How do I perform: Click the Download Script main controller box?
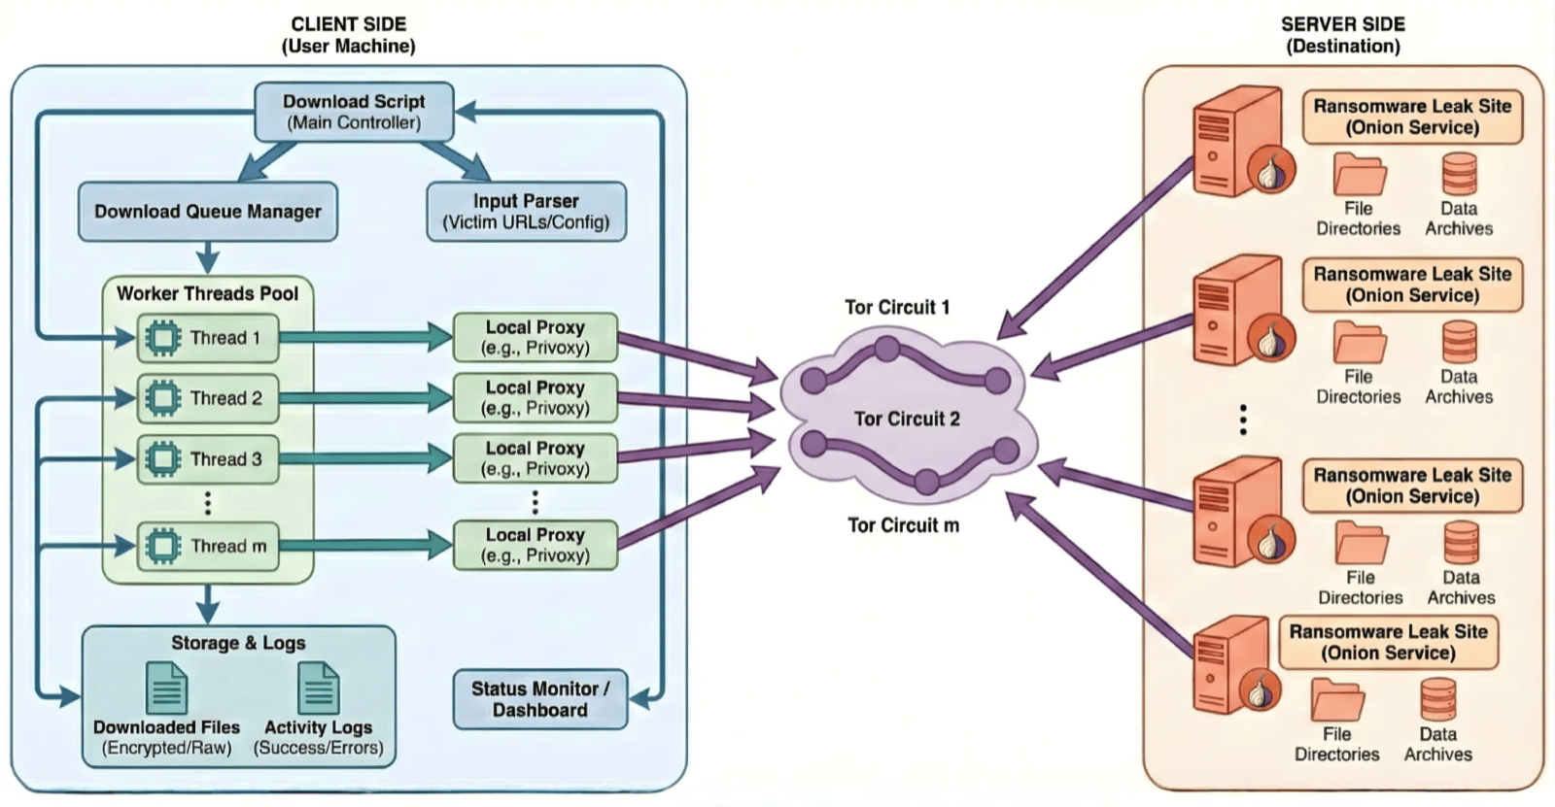354,112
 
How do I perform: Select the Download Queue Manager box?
207,212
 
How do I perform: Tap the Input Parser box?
526,212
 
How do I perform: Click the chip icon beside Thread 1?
162,338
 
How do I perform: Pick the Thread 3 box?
208,459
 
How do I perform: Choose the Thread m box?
208,546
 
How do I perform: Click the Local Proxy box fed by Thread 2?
536,398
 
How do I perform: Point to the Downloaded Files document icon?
166,688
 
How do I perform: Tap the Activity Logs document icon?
318,688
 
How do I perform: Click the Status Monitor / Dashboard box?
539,699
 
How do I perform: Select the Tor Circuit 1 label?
896,307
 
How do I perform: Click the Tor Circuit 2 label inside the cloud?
907,419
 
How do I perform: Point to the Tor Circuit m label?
903,525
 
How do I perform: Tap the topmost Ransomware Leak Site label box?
1411,117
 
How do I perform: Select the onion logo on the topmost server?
1269,172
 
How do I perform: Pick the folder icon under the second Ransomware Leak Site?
1359,343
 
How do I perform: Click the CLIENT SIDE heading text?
348,24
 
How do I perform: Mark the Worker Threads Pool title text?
207,293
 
